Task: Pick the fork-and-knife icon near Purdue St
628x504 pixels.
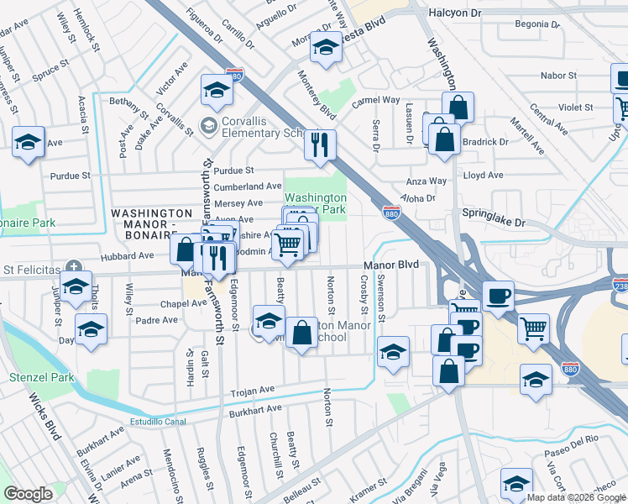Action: pyautogui.click(x=319, y=144)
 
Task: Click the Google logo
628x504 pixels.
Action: pyautogui.click(x=28, y=493)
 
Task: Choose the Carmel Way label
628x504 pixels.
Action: pyautogui.click(x=375, y=100)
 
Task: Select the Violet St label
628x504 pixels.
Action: pyautogui.click(x=576, y=108)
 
